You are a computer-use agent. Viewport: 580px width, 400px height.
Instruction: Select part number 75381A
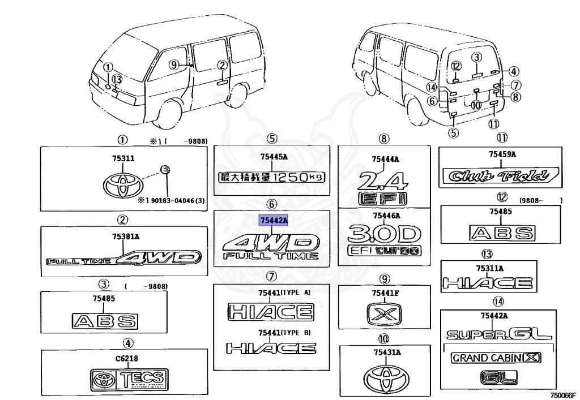(123, 238)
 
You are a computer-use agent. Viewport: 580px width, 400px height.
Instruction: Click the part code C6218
(127, 358)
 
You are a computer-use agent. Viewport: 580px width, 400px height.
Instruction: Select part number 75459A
(502, 154)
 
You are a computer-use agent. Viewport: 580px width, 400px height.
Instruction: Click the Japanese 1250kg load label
(271, 177)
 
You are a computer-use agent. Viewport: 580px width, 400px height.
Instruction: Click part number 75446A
(386, 216)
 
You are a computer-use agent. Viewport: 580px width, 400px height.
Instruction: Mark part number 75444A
(385, 159)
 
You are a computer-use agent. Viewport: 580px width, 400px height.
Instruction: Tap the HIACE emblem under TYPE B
(271, 348)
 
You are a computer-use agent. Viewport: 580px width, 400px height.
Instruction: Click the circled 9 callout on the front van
(174, 64)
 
